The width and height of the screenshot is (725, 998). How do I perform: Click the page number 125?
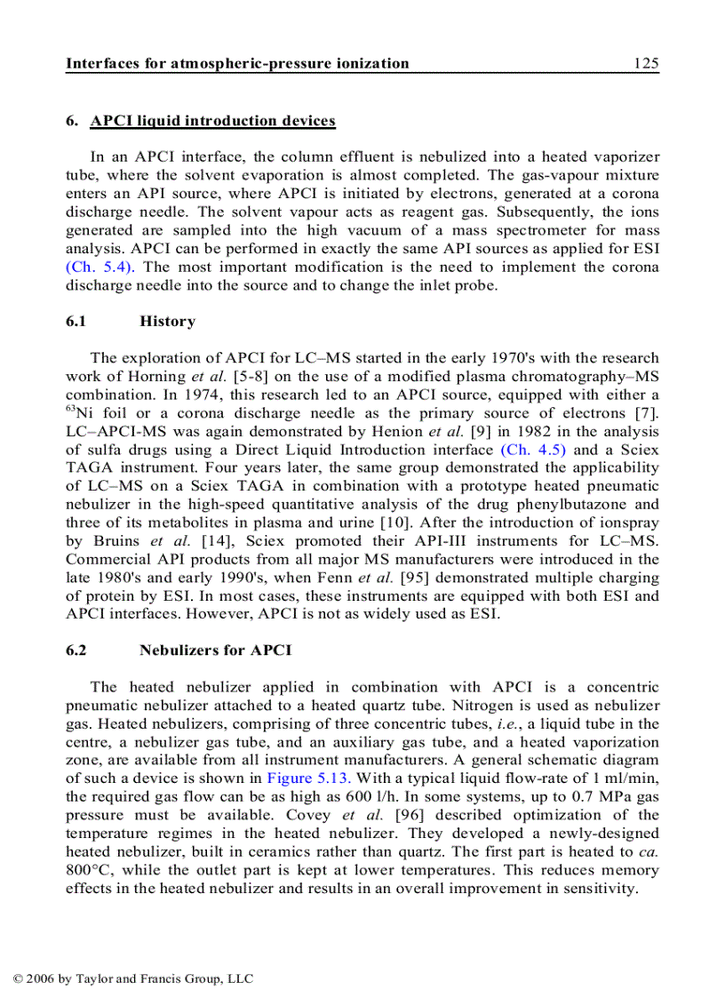(646, 63)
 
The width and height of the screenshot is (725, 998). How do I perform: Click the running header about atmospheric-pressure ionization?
(237, 63)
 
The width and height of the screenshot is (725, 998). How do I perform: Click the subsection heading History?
(167, 322)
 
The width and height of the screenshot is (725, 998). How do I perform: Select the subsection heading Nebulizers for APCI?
(215, 651)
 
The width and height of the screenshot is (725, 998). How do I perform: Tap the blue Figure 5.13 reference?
(302, 778)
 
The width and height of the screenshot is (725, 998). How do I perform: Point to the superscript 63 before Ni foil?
(70, 407)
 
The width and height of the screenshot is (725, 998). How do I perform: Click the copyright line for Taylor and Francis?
(133, 979)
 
